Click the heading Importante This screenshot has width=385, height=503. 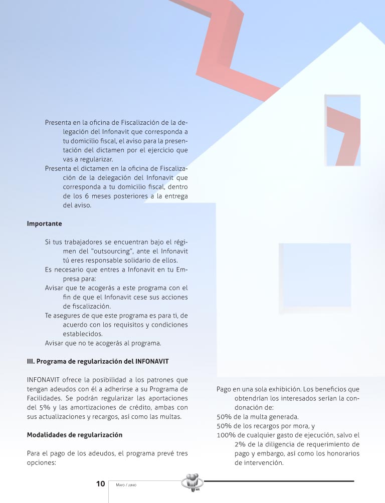click(44, 223)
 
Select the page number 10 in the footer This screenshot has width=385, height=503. click(100, 484)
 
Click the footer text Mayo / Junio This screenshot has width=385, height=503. click(126, 485)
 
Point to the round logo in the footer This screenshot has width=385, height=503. click(192, 483)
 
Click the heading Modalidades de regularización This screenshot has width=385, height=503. click(74, 434)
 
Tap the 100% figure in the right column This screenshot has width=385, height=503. click(227, 435)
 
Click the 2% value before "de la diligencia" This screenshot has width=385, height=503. click(240, 444)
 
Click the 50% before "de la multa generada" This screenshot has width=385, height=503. click(224, 417)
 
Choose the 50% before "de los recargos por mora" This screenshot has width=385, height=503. click(224, 426)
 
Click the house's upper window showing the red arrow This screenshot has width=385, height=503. click(343, 130)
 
